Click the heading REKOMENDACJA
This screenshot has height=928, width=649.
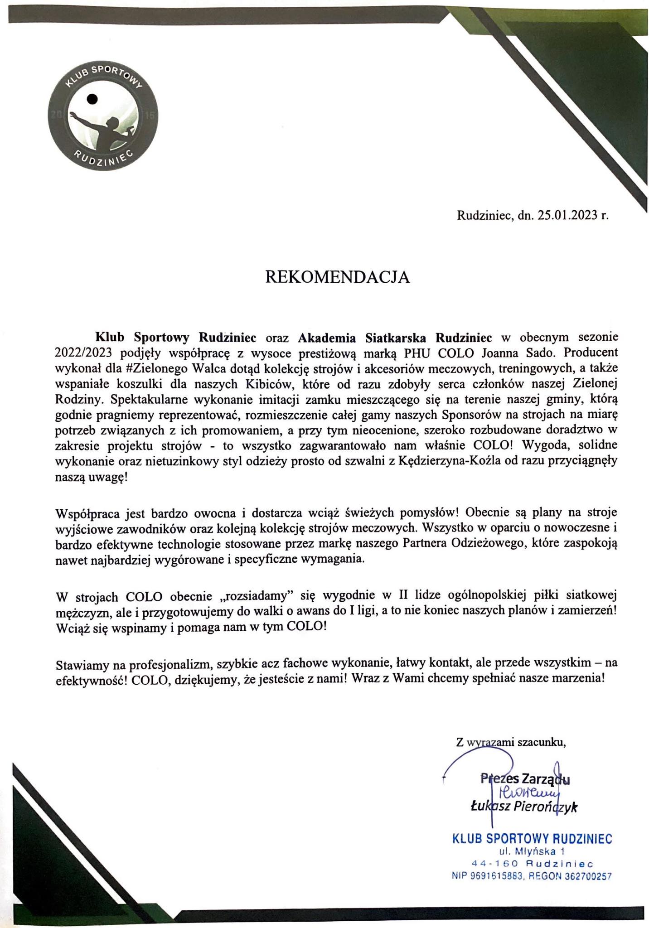[337, 277]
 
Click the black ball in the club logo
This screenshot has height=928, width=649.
[92, 98]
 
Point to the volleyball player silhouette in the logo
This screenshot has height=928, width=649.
[109, 127]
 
